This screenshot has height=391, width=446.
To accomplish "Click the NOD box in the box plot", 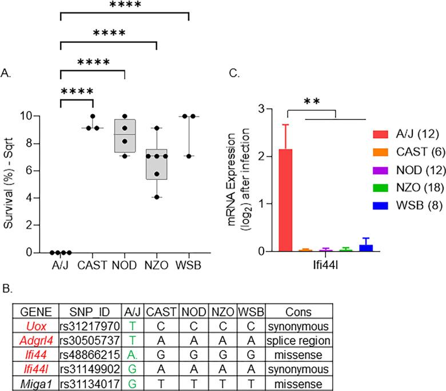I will click(x=125, y=135).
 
